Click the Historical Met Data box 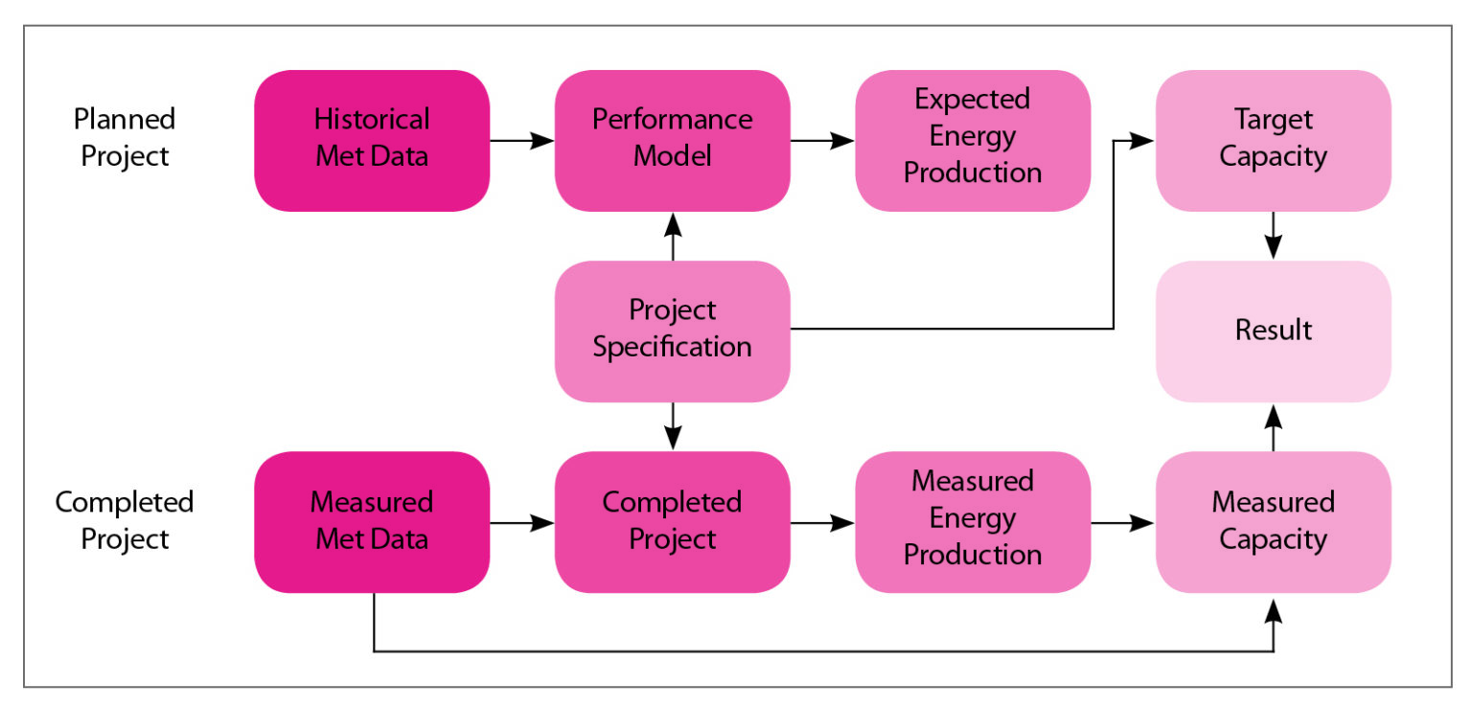coord(372,140)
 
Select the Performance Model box coord(672,140)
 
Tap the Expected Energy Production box coord(973,140)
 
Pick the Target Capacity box coord(1273,140)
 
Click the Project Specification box coord(672,331)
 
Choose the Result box coord(1273,331)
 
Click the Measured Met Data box coord(372,521)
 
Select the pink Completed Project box coord(672,521)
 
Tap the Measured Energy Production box coord(973,521)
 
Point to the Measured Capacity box coord(1273,521)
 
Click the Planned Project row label coord(125,138)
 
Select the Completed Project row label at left coord(125,520)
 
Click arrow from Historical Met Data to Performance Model coord(522,140)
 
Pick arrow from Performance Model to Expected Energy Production coord(822,140)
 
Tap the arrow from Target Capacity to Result coord(1273,236)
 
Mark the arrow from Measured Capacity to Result coord(1273,426)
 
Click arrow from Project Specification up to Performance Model coord(672,236)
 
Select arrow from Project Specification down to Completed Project coord(672,426)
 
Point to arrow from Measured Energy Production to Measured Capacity coord(1122,523)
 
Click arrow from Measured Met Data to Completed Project coord(522,523)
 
